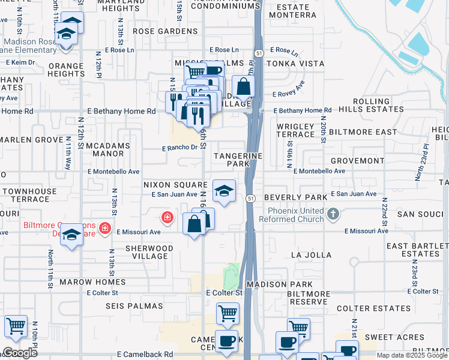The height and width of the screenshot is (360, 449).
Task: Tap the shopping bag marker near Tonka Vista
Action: (243, 87)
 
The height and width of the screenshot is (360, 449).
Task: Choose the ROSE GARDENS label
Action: (165, 31)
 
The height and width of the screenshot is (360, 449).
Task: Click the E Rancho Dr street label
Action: (179, 148)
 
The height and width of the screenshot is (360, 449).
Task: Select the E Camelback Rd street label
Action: (145, 355)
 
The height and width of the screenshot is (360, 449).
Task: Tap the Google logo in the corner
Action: (19, 353)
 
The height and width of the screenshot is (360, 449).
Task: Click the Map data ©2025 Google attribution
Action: (411, 355)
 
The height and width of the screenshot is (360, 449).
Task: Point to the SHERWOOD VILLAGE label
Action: (149, 252)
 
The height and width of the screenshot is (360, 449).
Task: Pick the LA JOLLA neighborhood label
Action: (311, 255)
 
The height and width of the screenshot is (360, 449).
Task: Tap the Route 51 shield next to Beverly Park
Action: (250, 199)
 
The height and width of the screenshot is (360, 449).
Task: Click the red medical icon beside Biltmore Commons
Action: (105, 227)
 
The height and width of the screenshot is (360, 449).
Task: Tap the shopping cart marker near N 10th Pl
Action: (16, 326)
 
